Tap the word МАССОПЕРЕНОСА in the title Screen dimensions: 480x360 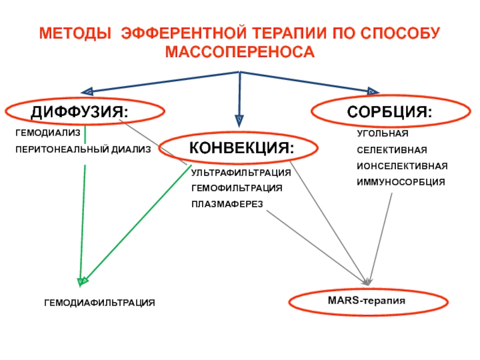[239, 53]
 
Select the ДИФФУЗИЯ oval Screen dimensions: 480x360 [85, 112]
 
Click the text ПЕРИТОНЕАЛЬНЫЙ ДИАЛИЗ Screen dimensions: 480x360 [83, 148]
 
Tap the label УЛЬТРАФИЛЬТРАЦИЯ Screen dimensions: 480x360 [241, 173]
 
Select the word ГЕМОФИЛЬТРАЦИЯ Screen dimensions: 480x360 [236, 188]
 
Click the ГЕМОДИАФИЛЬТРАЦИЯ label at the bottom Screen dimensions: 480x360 [100, 304]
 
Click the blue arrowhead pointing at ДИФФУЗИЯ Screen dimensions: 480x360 [86, 91]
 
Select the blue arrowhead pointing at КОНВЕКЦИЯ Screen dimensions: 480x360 [239, 119]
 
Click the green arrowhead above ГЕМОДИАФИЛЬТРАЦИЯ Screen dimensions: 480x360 [83, 280]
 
